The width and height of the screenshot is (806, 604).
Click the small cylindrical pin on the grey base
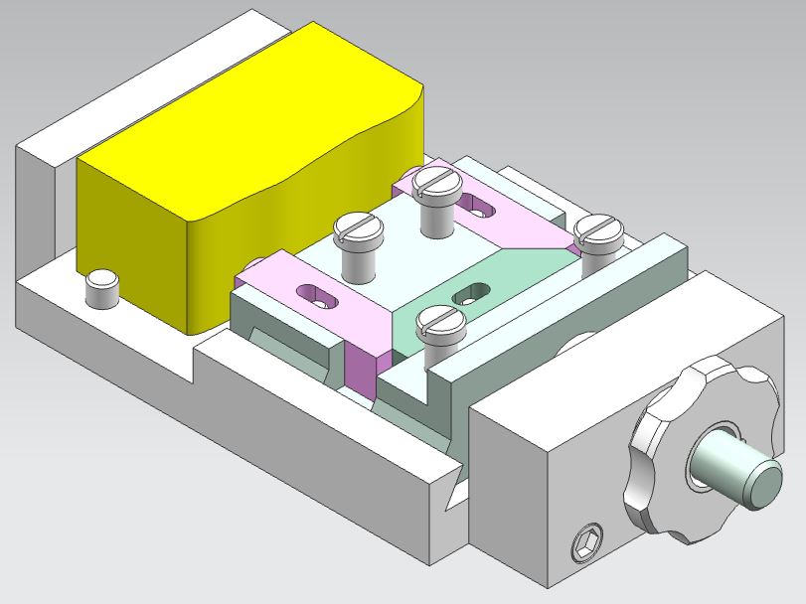101,288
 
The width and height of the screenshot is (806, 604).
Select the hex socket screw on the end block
584,544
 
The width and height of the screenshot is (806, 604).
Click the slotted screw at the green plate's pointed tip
599,232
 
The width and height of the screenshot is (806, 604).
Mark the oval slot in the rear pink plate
483,208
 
